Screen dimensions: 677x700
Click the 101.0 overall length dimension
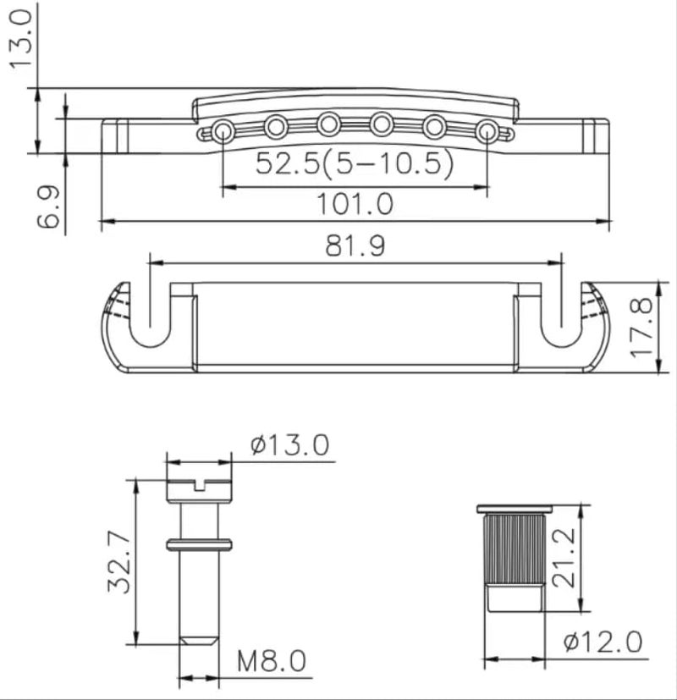click(355, 204)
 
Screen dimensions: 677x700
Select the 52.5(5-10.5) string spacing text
click(355, 163)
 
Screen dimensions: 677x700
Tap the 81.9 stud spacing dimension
click(355, 245)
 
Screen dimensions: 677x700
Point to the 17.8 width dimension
click(641, 328)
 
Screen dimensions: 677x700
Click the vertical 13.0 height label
click(21, 40)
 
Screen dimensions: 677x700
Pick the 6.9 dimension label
click(47, 207)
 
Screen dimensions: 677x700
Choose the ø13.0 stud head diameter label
click(289, 444)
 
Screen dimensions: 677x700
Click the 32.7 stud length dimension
click(119, 561)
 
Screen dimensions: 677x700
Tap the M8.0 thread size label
click(272, 661)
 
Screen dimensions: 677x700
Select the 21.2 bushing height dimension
click(564, 558)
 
